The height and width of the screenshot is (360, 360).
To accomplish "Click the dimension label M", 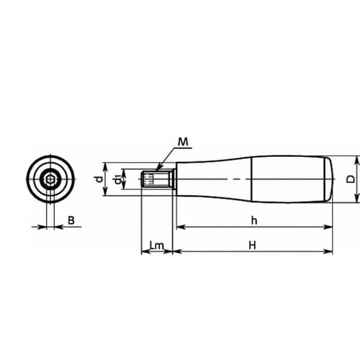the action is (183, 142).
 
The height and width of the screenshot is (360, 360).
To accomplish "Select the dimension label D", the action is (351, 179).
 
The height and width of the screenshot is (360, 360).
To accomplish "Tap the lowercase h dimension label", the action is (254, 220).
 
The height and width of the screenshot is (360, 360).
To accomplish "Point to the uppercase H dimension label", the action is (252, 246).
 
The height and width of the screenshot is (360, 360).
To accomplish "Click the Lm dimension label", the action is (156, 246).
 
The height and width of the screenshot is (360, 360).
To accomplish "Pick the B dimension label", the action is (71, 220).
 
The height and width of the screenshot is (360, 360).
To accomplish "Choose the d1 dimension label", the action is (117, 179).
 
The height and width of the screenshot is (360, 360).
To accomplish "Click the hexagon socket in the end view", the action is (50, 179).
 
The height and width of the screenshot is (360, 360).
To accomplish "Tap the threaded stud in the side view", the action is (157, 179).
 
